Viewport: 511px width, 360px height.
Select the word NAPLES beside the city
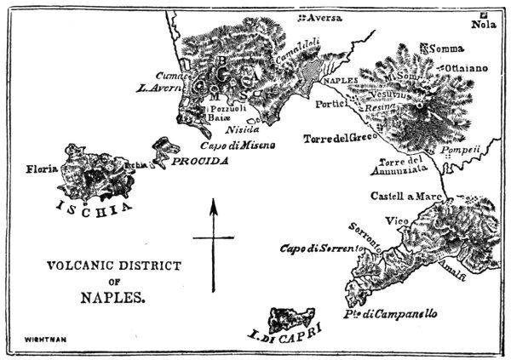click(334, 82)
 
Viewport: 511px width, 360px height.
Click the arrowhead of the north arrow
click(214, 203)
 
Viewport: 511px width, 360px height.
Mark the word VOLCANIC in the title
click(82, 266)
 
